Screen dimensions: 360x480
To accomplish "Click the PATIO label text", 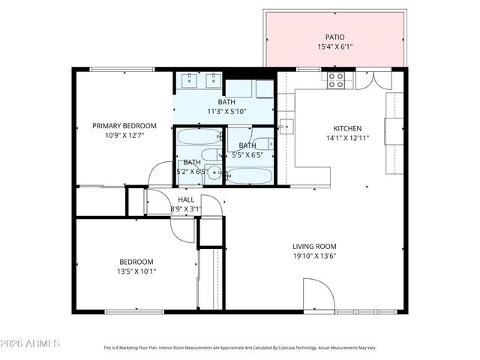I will pyautogui.click(x=334, y=36).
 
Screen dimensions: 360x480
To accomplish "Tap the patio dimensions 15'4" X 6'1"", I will pyautogui.click(x=334, y=46).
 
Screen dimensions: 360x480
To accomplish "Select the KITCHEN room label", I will pyautogui.click(x=348, y=128).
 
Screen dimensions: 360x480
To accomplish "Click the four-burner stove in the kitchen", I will pyautogui.click(x=336, y=79).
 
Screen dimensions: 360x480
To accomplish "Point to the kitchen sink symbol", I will pyautogui.click(x=286, y=124).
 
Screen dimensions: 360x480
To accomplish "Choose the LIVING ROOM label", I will pyautogui.click(x=314, y=246).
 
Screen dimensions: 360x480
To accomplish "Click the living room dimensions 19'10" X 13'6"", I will pyautogui.click(x=314, y=256).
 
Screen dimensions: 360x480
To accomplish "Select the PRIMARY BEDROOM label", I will pyautogui.click(x=124, y=126).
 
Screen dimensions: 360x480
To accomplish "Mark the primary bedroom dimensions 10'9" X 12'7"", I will pyautogui.click(x=124, y=136).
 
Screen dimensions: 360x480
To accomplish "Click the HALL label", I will pyautogui.click(x=186, y=199).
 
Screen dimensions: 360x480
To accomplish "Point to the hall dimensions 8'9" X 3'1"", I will pyautogui.click(x=186, y=209).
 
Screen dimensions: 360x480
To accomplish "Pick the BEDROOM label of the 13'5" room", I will pyautogui.click(x=136, y=262).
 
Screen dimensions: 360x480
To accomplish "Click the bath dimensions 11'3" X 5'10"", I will pyautogui.click(x=226, y=112).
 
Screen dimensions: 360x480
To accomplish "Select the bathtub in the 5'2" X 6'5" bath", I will pyautogui.click(x=199, y=137).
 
